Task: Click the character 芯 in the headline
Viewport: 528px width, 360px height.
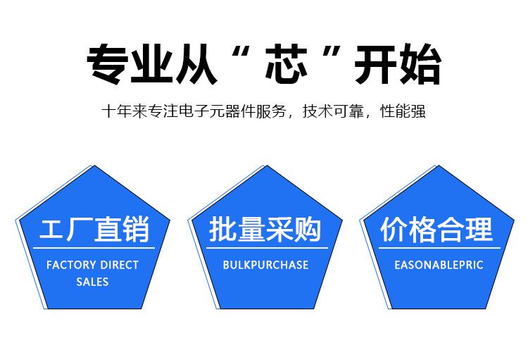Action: click(286, 64)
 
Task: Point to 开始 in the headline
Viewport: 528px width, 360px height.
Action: click(397, 64)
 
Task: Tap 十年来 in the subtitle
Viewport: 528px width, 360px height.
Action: click(124, 111)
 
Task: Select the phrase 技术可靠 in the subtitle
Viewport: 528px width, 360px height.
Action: click(333, 111)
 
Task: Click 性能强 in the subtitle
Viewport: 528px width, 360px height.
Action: click(403, 111)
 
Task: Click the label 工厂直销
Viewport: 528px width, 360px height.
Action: click(94, 229)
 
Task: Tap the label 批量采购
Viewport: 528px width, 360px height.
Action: click(265, 229)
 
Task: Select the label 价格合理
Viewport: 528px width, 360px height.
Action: click(436, 229)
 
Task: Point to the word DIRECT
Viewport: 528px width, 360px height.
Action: click(119, 265)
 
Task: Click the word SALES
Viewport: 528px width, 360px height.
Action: click(92, 282)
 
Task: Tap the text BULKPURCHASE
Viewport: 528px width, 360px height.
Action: click(265, 265)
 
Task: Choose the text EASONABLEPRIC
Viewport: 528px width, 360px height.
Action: click(439, 265)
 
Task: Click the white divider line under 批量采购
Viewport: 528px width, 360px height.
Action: click(267, 248)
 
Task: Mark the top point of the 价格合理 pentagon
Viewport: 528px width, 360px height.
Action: click(439, 166)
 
